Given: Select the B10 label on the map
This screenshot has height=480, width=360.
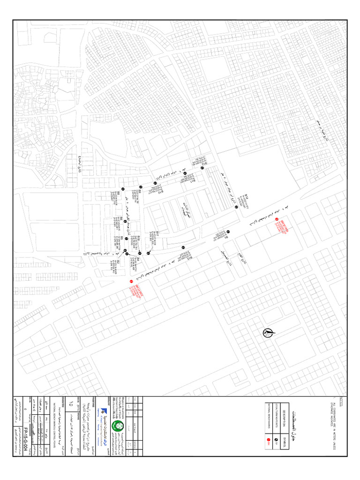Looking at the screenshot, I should click(161, 191).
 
